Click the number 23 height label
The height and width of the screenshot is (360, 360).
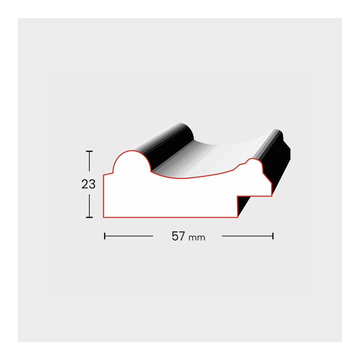88,184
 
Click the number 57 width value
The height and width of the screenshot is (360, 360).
178,236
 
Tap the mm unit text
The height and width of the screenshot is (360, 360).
197,238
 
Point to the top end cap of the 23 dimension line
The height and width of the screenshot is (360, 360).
89,151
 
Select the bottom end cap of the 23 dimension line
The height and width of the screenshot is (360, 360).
89,217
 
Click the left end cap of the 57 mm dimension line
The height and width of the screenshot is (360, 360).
105,236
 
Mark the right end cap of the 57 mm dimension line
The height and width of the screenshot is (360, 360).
273,236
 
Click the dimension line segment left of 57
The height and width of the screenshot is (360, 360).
129,236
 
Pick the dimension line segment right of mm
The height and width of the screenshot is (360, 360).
247,236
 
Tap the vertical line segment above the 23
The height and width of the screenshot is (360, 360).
89,162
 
